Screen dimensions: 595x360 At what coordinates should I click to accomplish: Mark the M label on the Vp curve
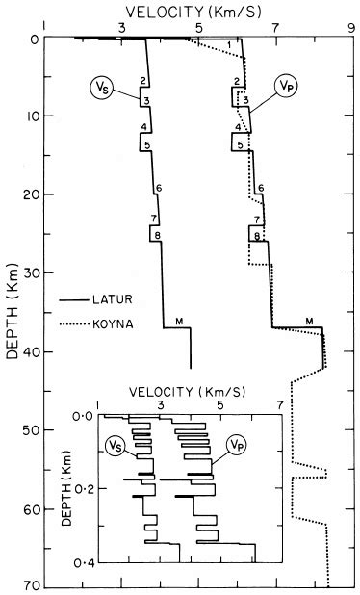[309, 320]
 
